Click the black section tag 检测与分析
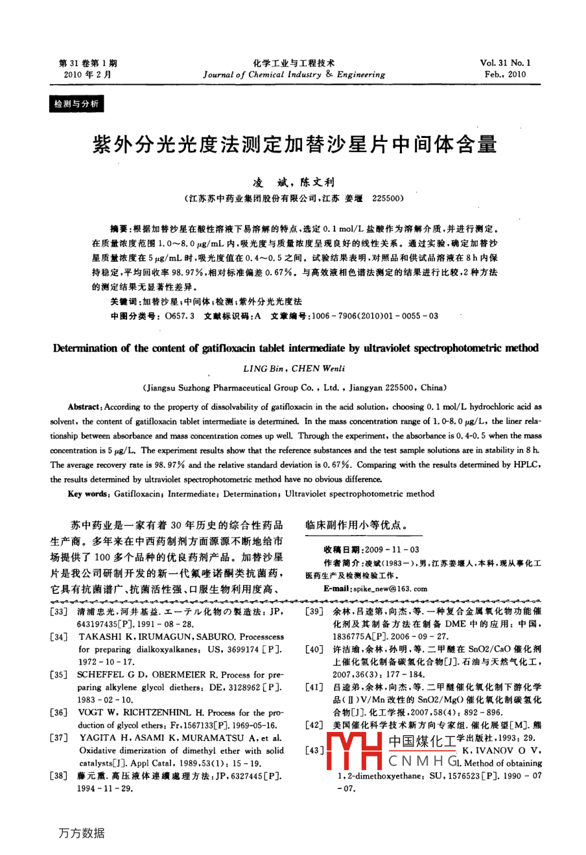click(76, 104)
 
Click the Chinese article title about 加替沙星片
click(295, 144)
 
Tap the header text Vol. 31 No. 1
click(505, 63)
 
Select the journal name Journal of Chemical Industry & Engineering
click(294, 74)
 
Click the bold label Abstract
click(84, 407)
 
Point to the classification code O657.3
click(180, 316)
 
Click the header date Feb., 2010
click(505, 74)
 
